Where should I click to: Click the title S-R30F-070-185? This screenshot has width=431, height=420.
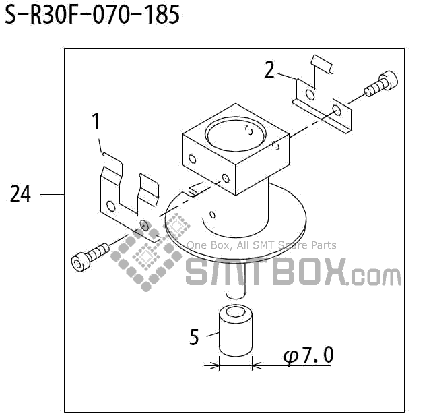92,15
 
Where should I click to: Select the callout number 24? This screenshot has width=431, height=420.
20,194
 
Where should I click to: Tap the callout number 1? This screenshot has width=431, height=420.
96,121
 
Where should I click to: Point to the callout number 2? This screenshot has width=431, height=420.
269,69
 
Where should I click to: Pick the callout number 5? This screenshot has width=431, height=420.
194,336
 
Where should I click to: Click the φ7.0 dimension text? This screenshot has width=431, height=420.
308,355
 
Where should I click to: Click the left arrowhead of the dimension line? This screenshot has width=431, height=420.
215,365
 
